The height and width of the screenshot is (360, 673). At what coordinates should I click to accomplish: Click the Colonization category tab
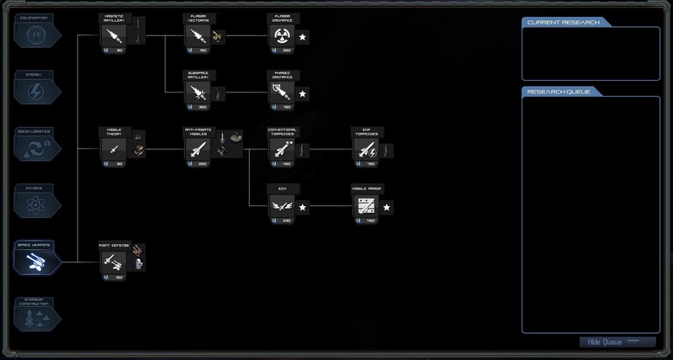(34, 34)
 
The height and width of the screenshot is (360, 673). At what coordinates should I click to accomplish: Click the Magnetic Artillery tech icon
(114, 35)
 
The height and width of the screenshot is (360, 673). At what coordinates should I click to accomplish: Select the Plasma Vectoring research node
(197, 35)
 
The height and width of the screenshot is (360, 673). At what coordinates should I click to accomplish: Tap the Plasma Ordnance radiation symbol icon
(281, 35)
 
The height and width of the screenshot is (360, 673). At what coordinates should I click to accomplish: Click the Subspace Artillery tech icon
(197, 93)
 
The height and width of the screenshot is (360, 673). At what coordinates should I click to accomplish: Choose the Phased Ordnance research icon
(281, 93)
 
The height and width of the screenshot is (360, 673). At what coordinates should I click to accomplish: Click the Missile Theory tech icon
(114, 149)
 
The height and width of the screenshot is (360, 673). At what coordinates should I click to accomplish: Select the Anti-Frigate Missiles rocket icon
(197, 149)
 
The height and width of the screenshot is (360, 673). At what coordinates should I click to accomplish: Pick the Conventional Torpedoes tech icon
(281, 149)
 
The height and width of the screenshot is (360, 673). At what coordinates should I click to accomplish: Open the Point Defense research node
(114, 262)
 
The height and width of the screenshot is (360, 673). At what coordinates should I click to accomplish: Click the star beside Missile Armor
(387, 206)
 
